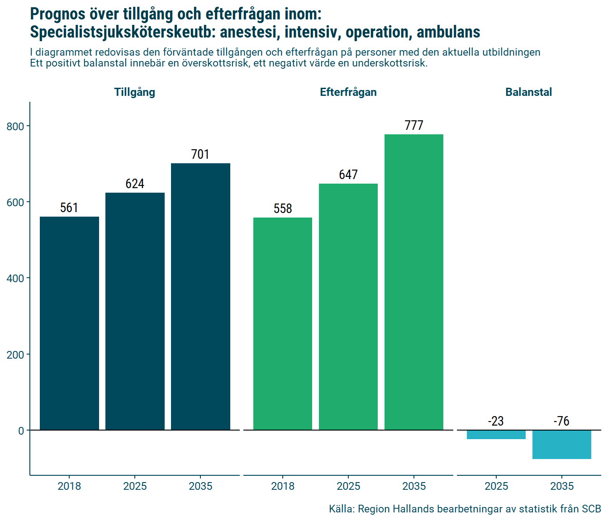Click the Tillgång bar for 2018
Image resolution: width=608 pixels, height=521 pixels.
point(69,323)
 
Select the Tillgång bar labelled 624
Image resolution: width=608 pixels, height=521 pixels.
point(135,311)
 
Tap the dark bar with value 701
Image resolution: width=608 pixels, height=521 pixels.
point(200,297)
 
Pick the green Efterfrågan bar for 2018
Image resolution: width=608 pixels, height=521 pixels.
point(283,324)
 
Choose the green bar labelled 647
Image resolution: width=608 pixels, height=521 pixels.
point(348,307)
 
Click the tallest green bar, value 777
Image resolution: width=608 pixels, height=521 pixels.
point(414,282)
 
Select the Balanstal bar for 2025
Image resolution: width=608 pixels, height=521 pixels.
point(496,435)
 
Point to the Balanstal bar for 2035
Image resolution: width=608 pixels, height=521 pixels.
point(562,445)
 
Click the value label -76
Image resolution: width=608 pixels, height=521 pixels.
point(561,422)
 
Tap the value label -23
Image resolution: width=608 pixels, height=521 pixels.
point(496,422)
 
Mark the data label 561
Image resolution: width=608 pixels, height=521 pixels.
point(69,208)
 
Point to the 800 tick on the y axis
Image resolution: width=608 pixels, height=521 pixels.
point(15,127)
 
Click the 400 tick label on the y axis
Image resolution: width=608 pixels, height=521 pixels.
point(15,279)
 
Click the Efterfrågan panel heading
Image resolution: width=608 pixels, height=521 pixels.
point(348,92)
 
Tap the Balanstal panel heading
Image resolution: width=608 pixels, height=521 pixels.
point(528,92)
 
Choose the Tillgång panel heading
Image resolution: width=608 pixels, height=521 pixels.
point(135,92)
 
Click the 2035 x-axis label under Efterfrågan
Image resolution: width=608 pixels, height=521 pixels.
point(414,486)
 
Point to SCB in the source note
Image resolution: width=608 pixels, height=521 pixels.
point(591,509)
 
